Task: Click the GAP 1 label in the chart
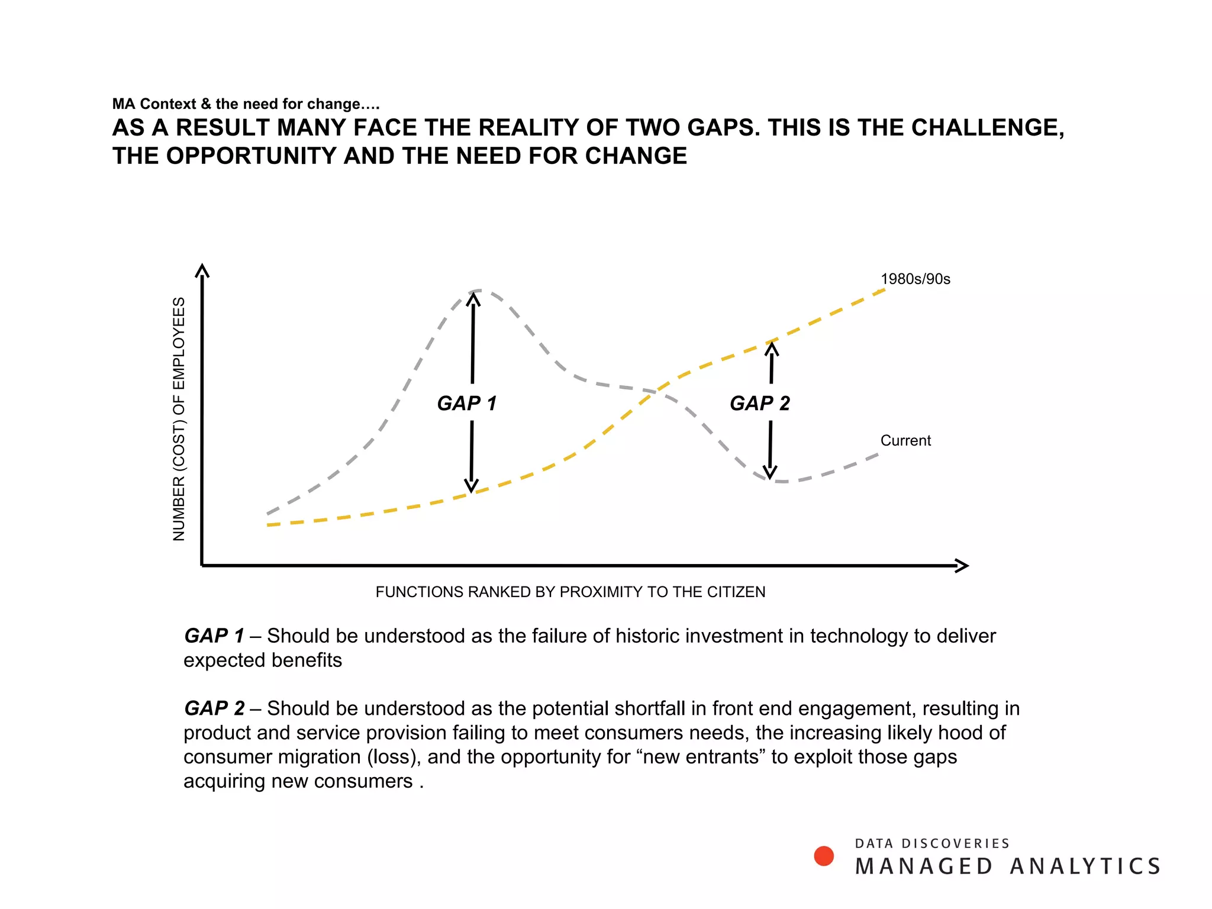point(466,403)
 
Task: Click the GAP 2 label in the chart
point(760,403)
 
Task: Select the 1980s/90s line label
point(915,279)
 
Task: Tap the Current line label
point(905,440)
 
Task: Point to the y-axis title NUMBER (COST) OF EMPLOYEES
point(179,418)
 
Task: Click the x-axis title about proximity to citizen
point(570,592)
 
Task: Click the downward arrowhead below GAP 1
point(471,486)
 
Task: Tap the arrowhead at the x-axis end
point(962,566)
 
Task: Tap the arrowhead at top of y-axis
point(202,270)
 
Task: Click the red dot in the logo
point(824,856)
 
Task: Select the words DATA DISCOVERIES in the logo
point(932,843)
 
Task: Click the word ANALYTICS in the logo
point(1085,866)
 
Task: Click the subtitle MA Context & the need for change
point(246,104)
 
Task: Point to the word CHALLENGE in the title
point(987,128)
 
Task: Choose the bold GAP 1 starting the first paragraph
point(214,636)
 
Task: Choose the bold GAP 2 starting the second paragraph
point(214,708)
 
